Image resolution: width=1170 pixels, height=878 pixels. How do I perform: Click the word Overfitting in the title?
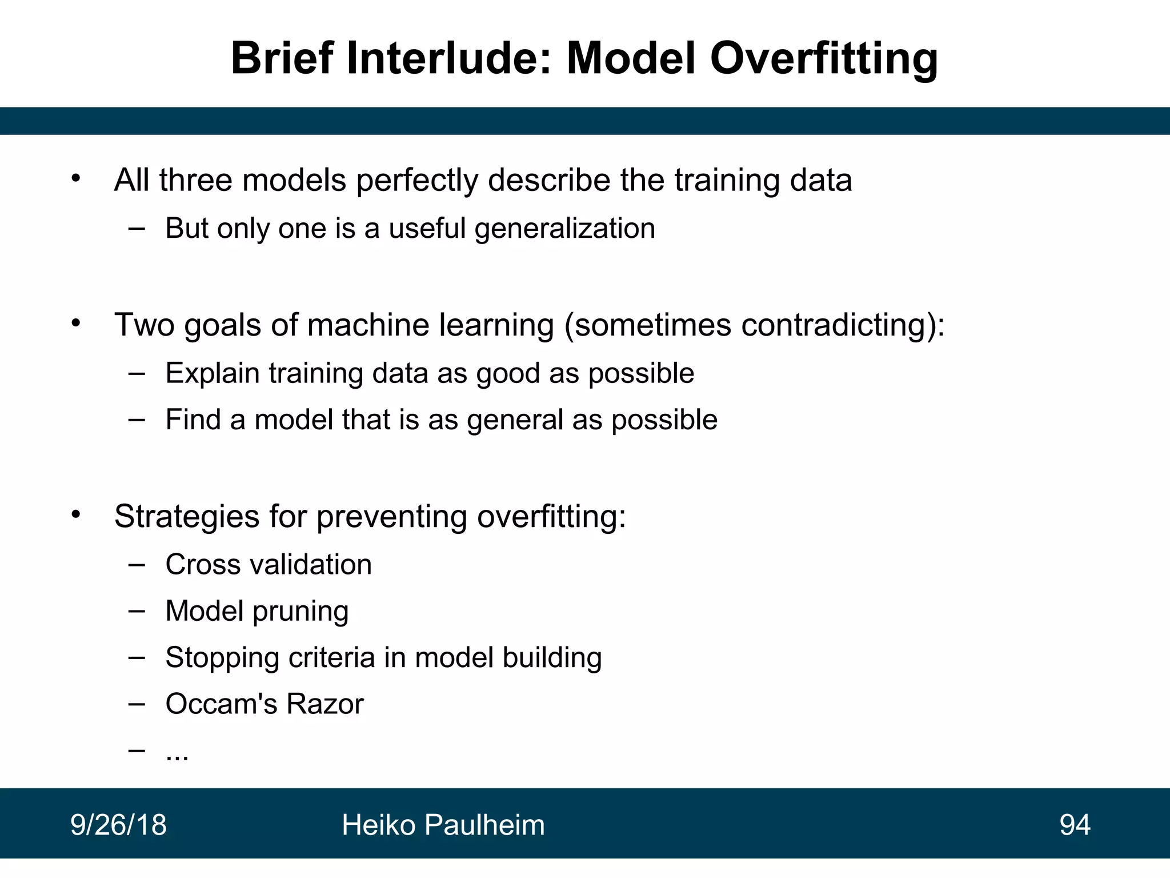coord(823,59)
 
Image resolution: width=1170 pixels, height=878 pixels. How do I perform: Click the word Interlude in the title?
coord(449,59)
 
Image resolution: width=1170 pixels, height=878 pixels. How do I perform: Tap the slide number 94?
coord(1075,825)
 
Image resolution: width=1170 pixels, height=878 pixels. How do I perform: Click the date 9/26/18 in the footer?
coord(118,825)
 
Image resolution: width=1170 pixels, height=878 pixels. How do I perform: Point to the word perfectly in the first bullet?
coord(416,181)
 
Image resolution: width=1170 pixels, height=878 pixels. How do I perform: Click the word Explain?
coord(213,374)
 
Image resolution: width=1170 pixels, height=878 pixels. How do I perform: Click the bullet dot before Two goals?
coord(77,324)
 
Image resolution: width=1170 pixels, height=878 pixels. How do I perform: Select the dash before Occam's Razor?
coord(137,704)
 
